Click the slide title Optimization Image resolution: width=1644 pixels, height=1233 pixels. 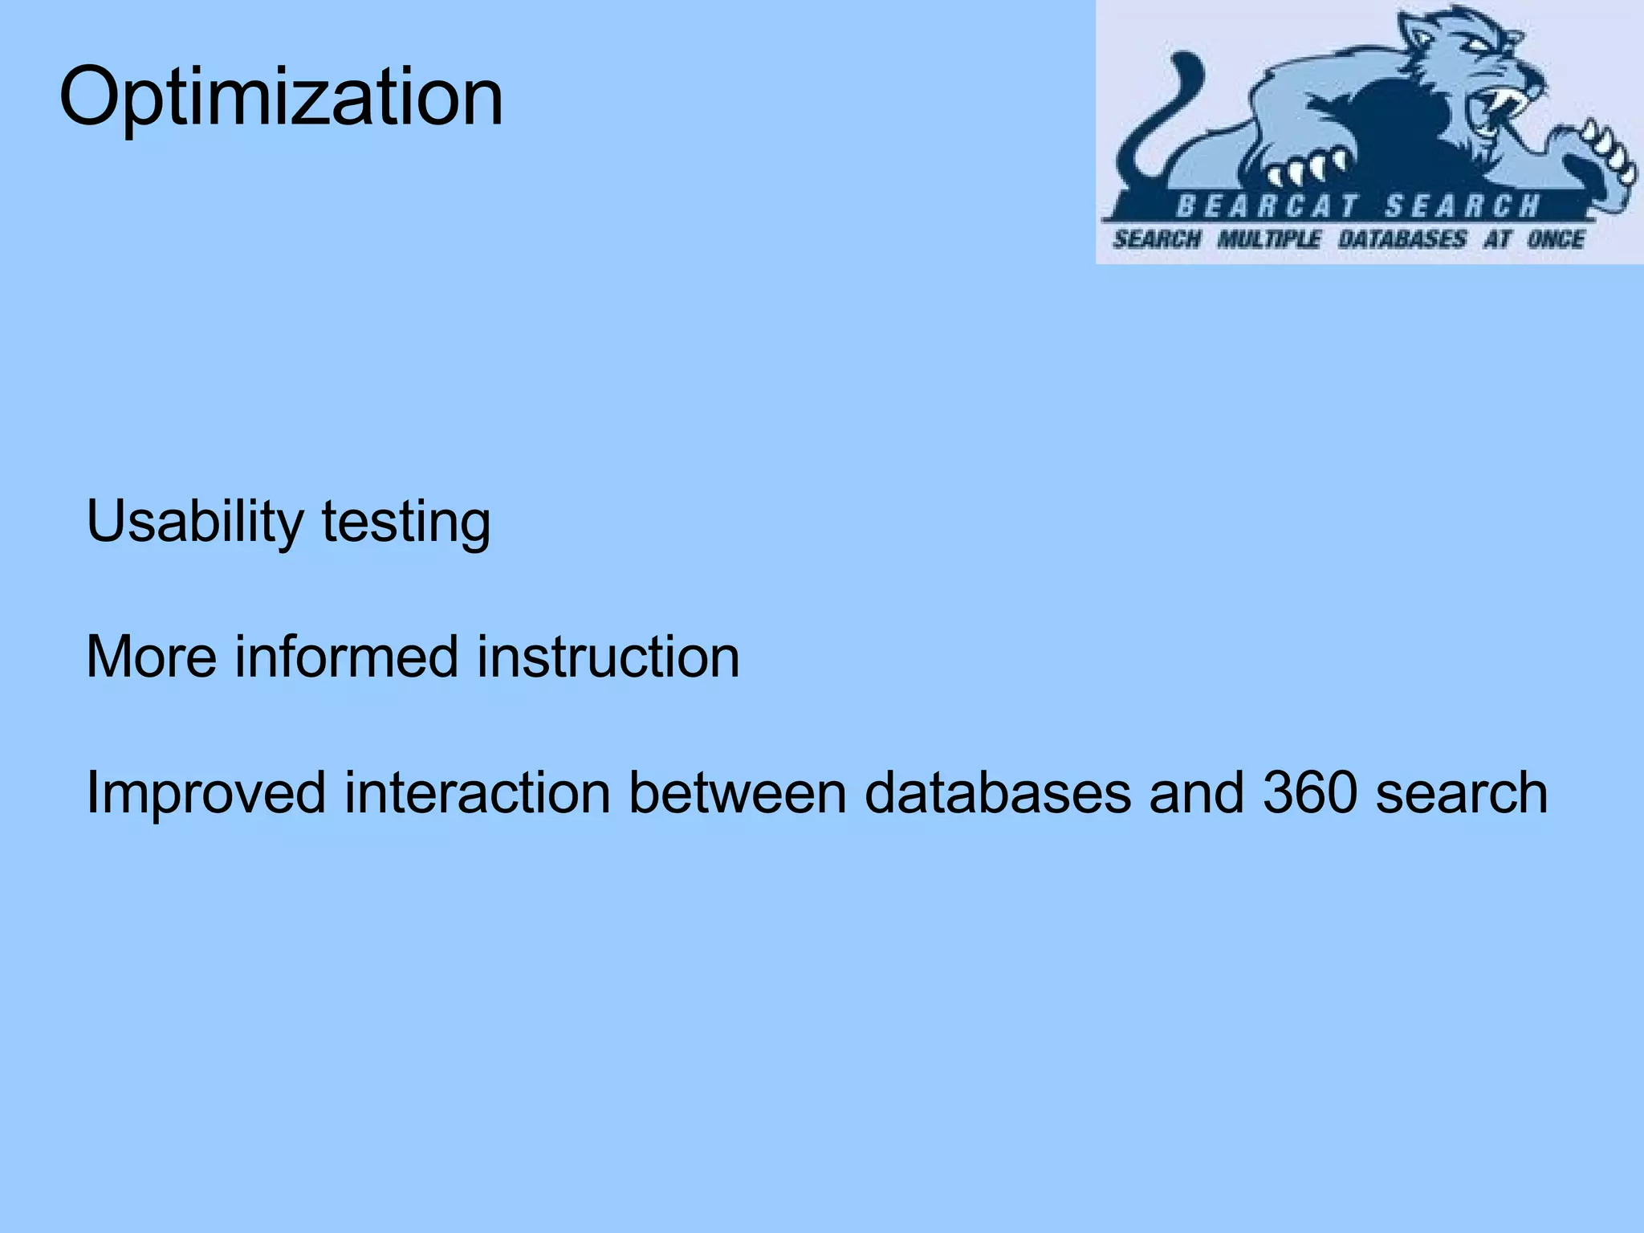281,98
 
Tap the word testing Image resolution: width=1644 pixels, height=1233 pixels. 405,523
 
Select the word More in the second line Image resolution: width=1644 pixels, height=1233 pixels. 151,657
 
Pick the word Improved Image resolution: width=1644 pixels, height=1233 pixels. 205,793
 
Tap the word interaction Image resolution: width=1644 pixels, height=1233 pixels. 477,791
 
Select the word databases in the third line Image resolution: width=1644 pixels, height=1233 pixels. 999,791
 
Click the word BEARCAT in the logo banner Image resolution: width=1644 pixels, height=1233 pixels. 1266,206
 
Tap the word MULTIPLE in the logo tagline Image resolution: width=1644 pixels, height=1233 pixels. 1268,239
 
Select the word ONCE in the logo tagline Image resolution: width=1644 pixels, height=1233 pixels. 1555,239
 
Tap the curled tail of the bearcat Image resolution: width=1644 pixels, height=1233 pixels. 1156,112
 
